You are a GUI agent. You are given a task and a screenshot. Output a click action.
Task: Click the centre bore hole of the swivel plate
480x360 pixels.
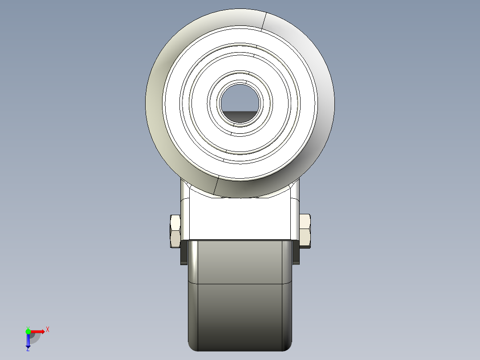point(240,103)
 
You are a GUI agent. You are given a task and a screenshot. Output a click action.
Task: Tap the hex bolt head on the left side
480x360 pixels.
point(175,231)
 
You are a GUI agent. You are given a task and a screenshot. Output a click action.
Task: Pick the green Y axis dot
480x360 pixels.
point(28,331)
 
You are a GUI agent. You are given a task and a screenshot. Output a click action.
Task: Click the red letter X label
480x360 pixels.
point(47,330)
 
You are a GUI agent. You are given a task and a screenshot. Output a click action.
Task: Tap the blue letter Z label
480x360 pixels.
point(28,350)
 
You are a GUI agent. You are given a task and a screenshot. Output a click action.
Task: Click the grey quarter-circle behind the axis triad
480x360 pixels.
point(36,338)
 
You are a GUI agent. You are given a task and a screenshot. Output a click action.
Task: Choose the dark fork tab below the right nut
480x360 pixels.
point(297,254)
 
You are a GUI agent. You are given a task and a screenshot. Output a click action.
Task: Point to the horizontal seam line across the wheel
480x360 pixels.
point(240,284)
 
